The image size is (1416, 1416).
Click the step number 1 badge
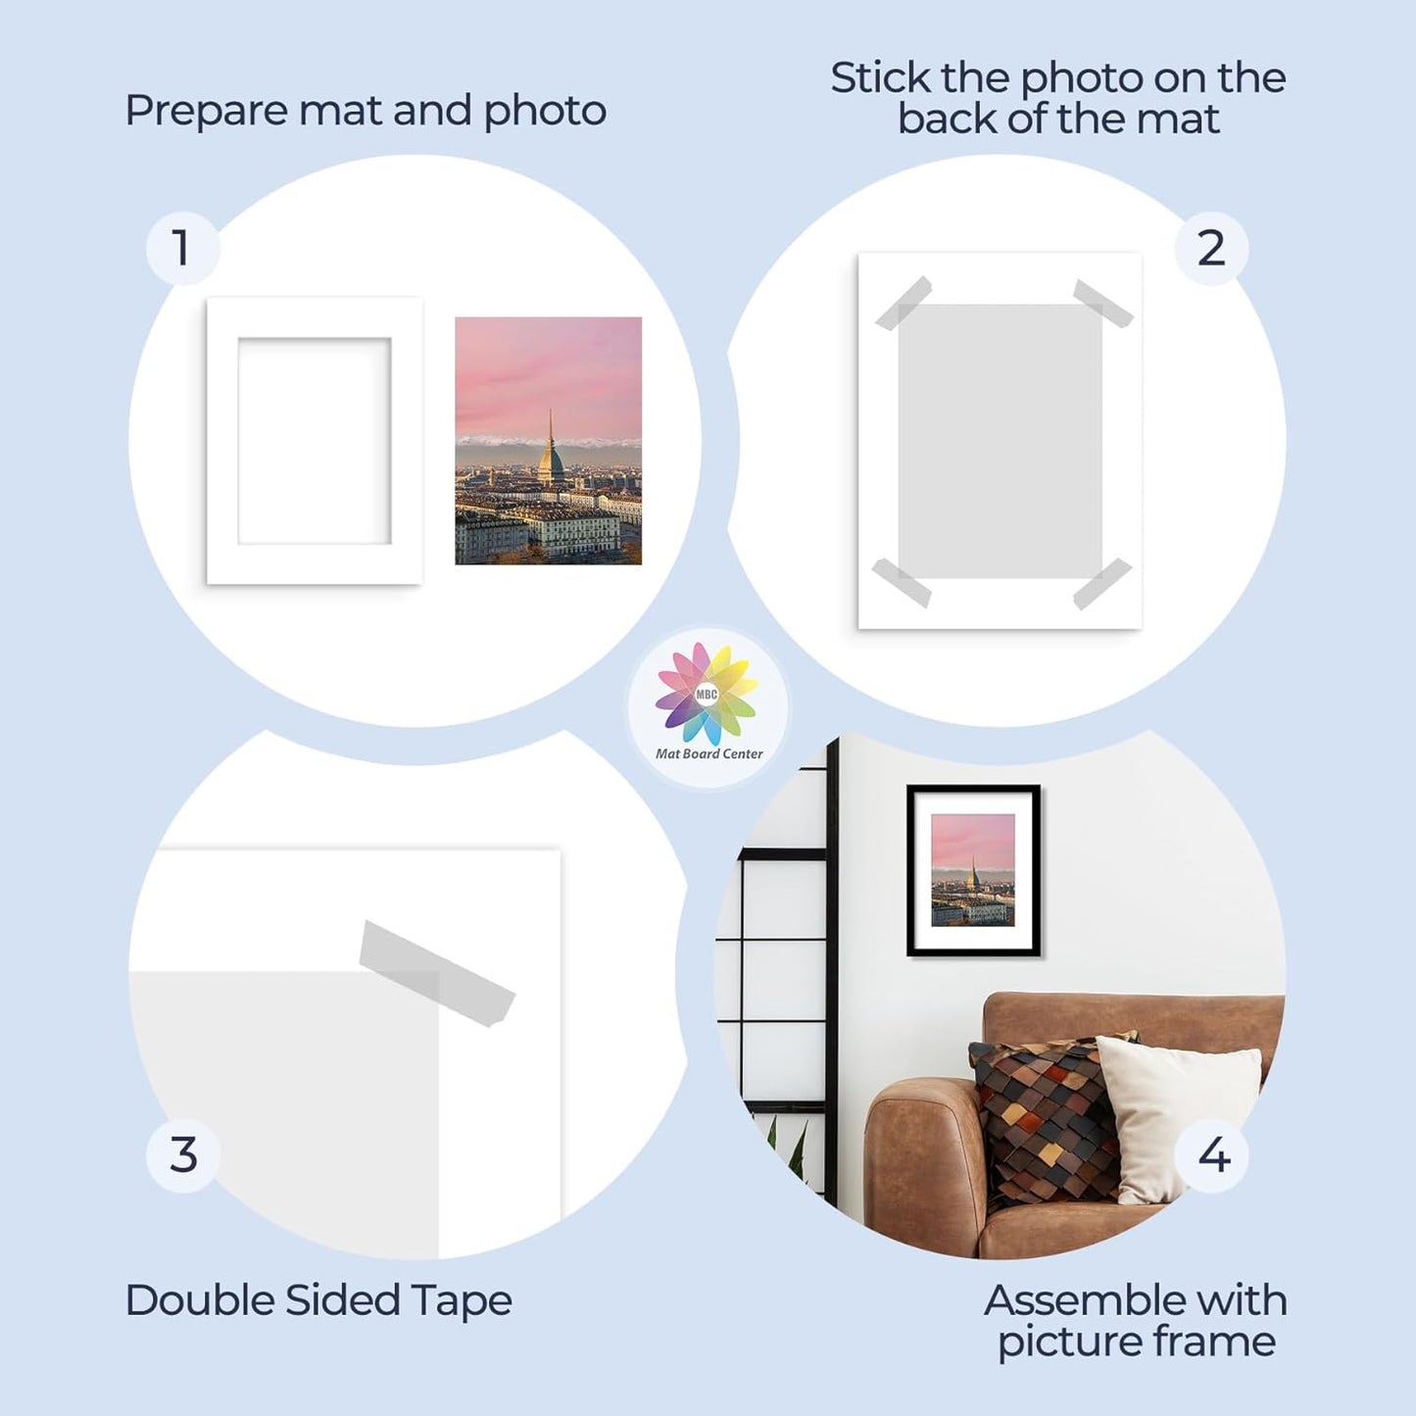(x=181, y=248)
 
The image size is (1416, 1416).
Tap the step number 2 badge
(x=1211, y=248)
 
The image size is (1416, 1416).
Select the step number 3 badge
(x=183, y=1154)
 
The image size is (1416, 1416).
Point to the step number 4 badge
(x=1213, y=1154)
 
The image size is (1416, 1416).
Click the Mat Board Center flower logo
(x=707, y=694)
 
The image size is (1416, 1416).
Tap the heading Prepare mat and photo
(x=365, y=111)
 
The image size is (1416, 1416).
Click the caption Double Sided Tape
(x=318, y=1300)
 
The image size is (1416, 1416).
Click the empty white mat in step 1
(x=315, y=441)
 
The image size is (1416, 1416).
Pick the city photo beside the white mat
(x=548, y=441)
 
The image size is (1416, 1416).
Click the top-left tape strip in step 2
(x=903, y=303)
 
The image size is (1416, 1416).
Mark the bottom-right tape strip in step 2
(x=1102, y=583)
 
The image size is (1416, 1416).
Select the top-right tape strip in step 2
(x=1103, y=303)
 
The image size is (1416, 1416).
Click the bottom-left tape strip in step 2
(x=901, y=582)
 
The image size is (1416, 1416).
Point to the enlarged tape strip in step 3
(x=436, y=972)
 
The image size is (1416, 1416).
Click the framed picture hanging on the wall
(x=973, y=870)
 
